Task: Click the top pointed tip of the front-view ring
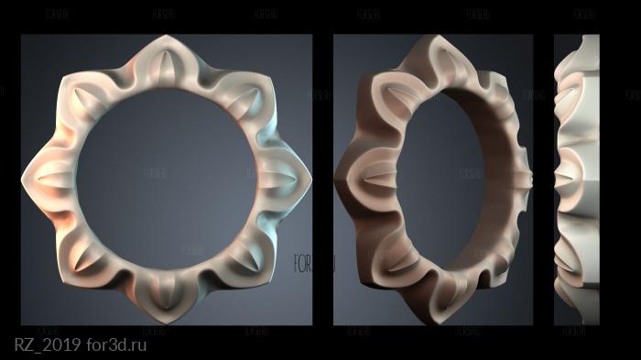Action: (166, 38)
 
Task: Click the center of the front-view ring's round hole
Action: (166, 179)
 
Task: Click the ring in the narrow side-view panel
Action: (575, 179)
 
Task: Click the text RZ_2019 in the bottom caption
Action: (45, 345)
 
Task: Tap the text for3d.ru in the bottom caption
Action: (114, 345)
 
